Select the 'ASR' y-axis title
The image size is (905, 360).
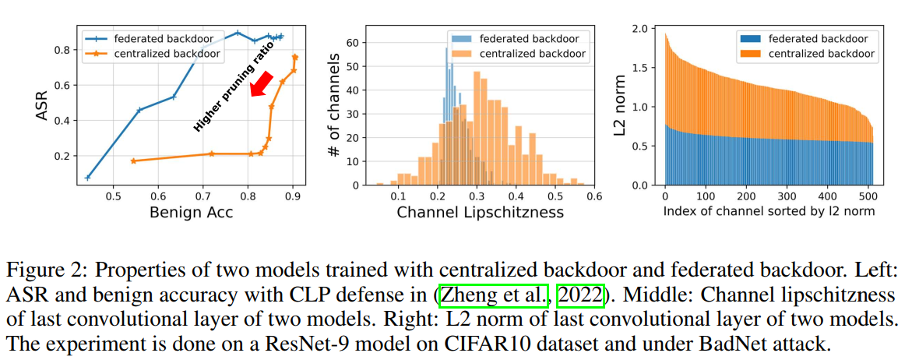pos(43,104)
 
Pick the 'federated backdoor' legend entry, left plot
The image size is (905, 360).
pos(154,37)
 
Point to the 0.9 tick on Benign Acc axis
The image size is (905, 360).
pos(293,195)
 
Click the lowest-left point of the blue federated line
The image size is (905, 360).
pos(87,178)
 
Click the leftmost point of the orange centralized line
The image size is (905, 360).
pos(133,161)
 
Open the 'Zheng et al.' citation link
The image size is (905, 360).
pos(497,297)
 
